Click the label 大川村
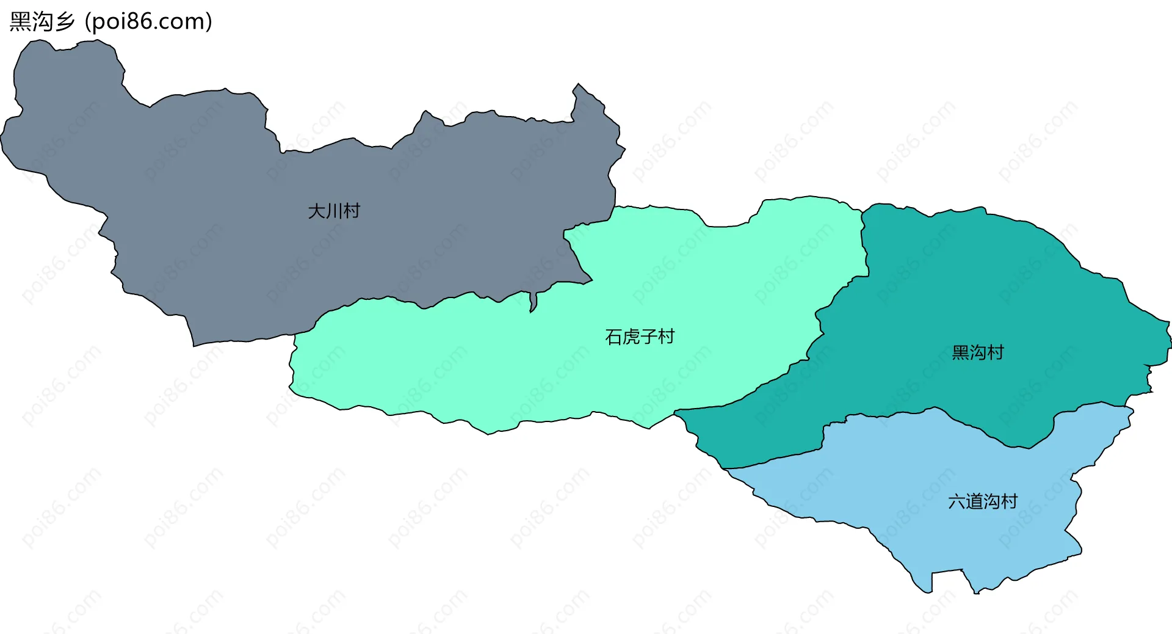334,211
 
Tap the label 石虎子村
639,337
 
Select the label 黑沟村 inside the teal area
977,352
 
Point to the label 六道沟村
982,501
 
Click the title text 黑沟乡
42,21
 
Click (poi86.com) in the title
148,21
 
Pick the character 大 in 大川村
316,211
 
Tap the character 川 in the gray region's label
334,211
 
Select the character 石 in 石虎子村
613,337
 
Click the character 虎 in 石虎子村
631,337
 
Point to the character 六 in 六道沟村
956,501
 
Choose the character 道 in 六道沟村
974,501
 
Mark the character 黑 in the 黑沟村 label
960,352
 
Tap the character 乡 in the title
64,21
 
